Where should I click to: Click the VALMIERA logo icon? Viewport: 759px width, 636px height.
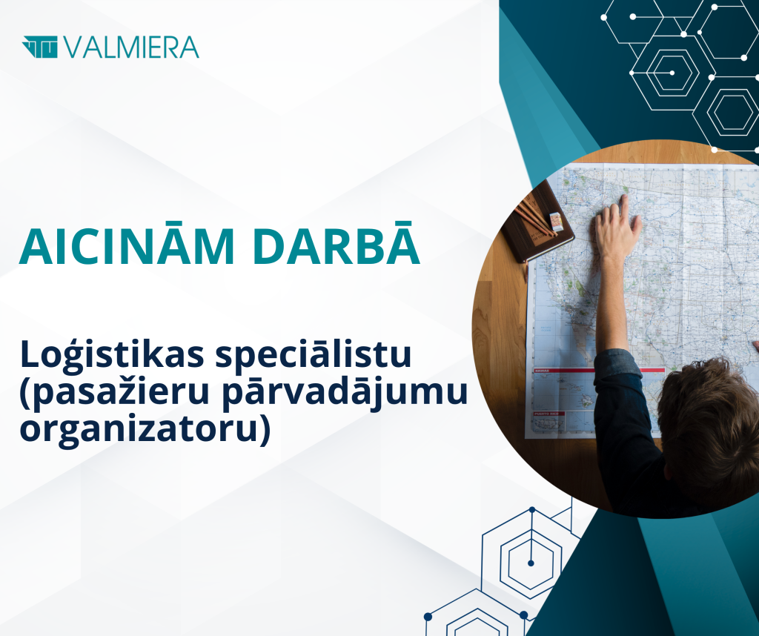coord(40,47)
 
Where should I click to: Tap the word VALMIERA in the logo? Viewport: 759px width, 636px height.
coord(130,47)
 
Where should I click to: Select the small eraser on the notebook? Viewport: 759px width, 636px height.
coord(557,221)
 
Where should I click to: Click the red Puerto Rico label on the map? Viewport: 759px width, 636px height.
coord(547,414)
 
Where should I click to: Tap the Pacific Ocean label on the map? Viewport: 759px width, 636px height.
coord(546,330)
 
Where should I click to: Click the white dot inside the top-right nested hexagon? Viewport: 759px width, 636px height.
coord(672,73)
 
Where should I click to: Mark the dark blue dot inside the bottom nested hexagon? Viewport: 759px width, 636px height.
coord(531,563)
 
